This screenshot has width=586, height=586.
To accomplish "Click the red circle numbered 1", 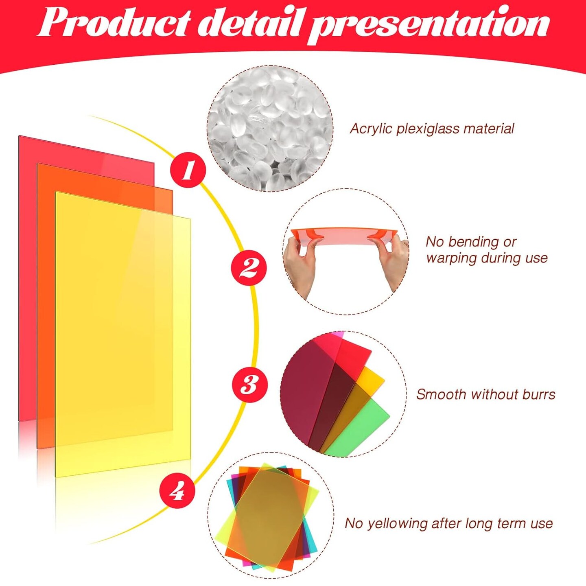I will pos(188,170).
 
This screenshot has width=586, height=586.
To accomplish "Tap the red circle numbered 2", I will pos(249,268).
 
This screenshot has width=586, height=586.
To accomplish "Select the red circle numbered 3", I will pos(249,385).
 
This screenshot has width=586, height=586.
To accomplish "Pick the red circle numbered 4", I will pos(177,491).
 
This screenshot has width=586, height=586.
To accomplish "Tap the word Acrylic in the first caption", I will pos(371,129).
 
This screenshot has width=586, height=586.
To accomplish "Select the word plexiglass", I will pos(427,129).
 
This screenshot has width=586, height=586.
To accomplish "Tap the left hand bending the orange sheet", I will pos(300,265).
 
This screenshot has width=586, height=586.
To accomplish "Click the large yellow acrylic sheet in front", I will pos(122,326).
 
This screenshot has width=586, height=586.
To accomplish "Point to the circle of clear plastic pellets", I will pos(270,129).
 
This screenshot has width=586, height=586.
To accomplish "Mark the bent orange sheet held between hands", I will pos(344,236).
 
